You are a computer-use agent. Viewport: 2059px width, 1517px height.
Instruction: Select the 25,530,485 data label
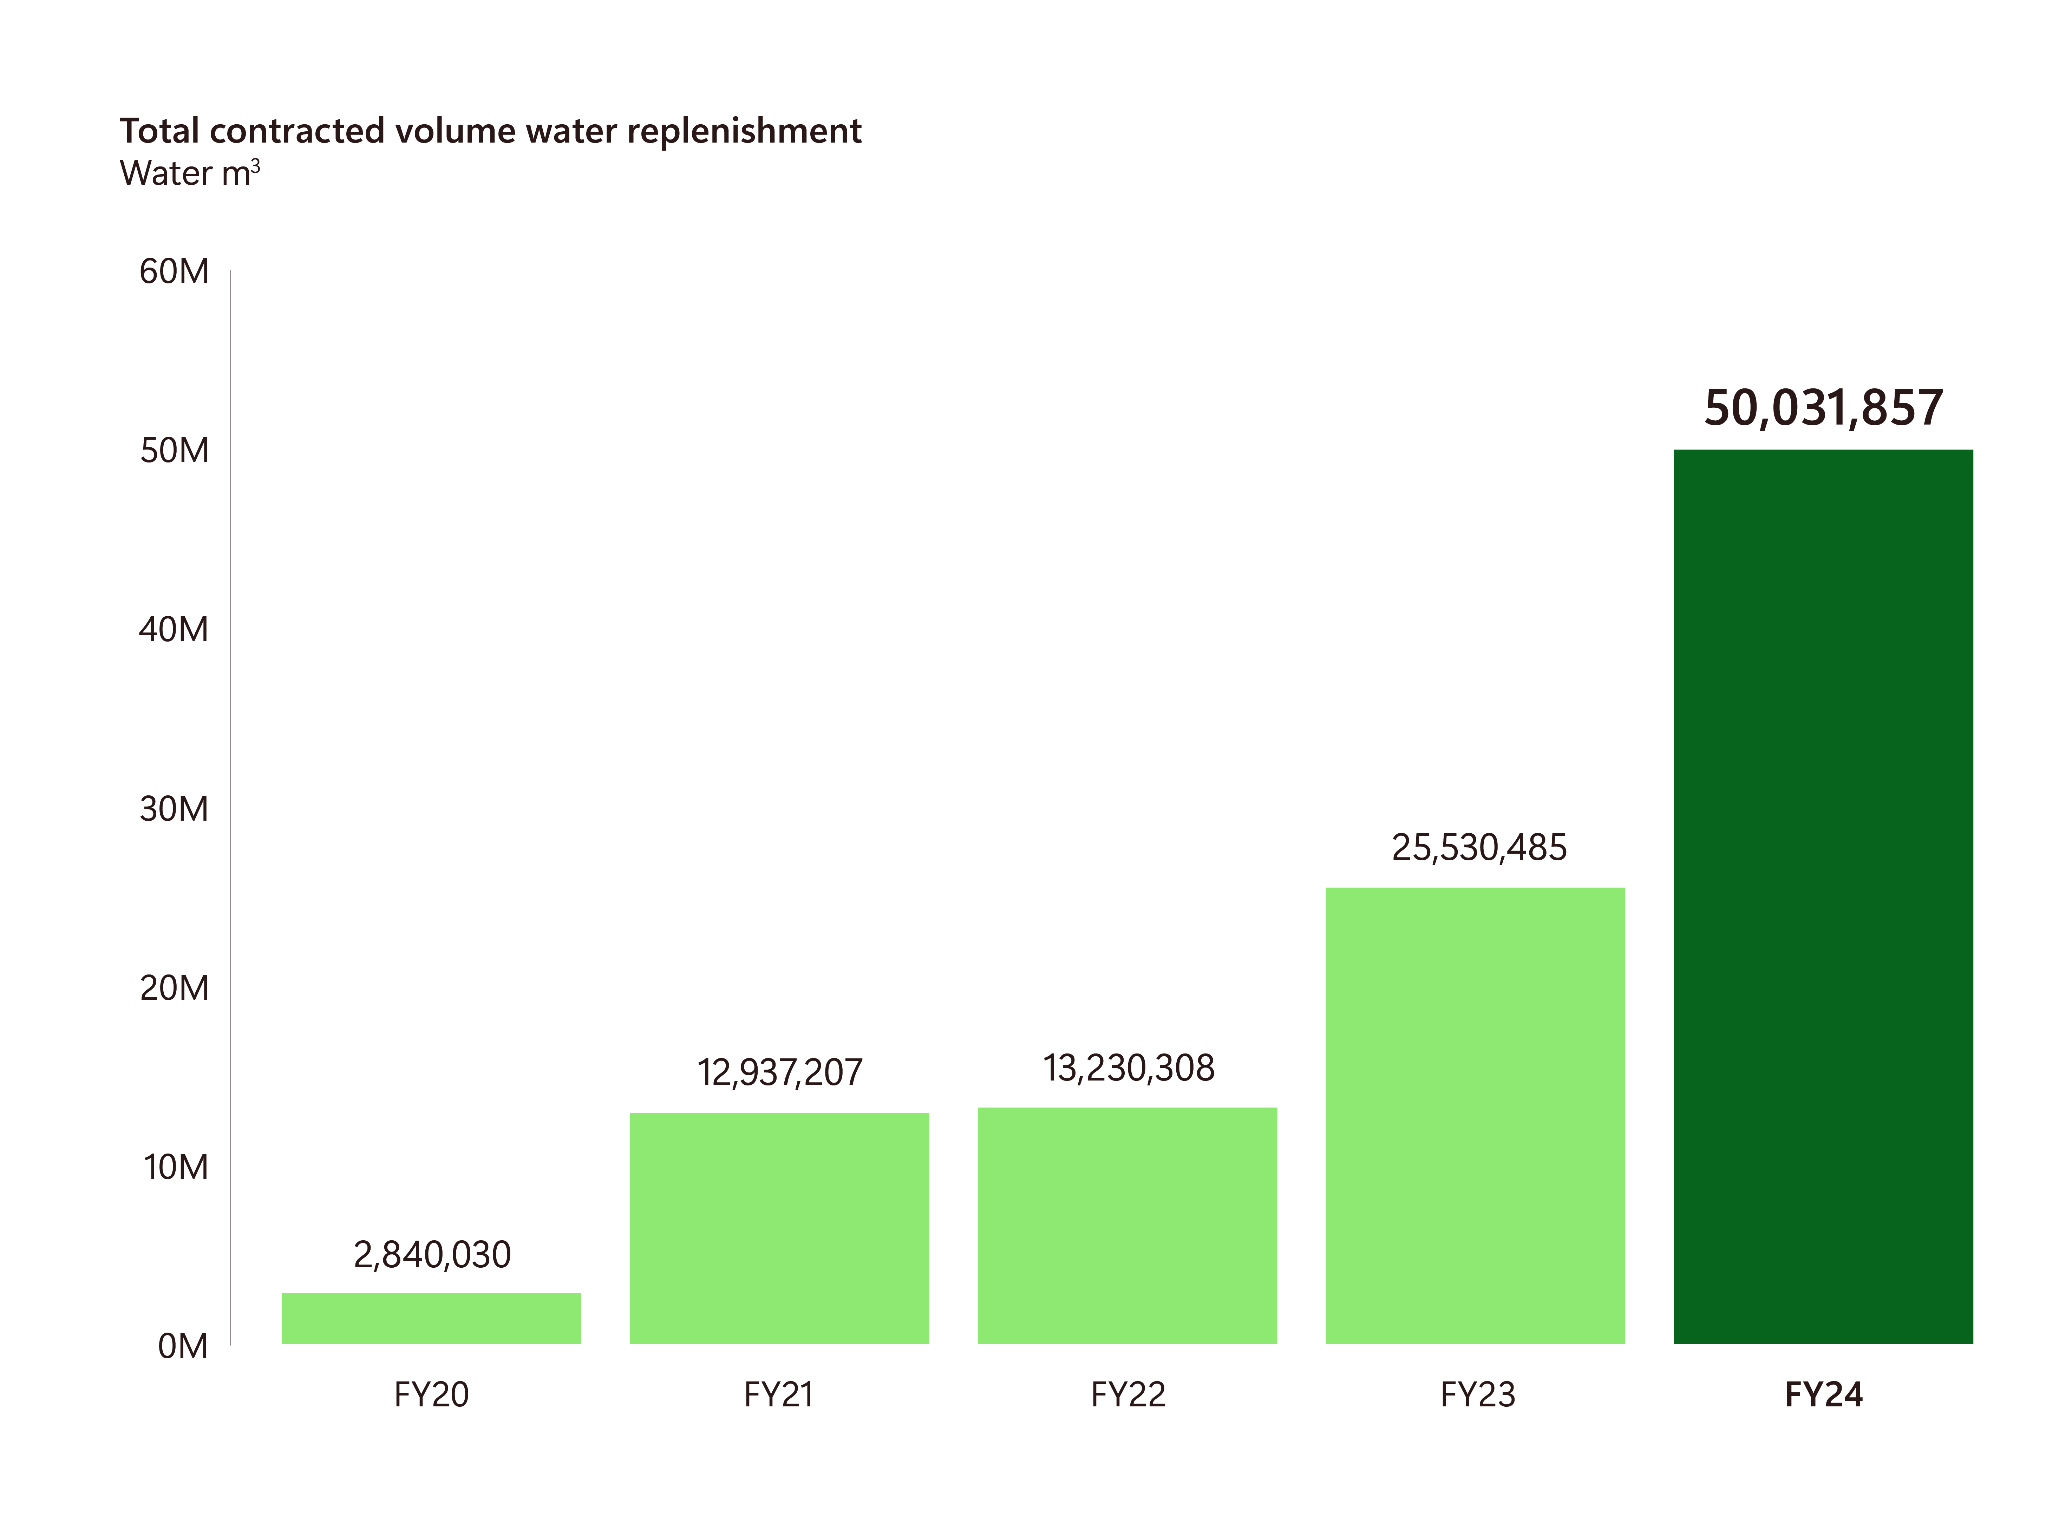tap(1479, 848)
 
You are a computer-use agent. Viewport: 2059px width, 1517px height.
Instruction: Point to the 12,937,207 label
tap(780, 1072)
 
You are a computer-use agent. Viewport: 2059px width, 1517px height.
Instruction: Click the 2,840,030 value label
tap(432, 1254)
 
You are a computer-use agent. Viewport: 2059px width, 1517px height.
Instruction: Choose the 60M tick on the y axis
tap(174, 272)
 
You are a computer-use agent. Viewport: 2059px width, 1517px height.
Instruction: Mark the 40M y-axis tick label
tap(174, 630)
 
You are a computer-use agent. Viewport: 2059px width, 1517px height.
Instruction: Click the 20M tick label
tap(174, 988)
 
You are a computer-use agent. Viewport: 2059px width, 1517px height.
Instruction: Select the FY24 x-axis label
tap(1823, 1395)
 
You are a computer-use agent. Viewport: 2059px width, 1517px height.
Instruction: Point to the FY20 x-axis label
tap(431, 1395)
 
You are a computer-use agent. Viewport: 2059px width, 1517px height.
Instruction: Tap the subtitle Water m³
tap(189, 173)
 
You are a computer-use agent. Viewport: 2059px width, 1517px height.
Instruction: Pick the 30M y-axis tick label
tap(174, 809)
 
